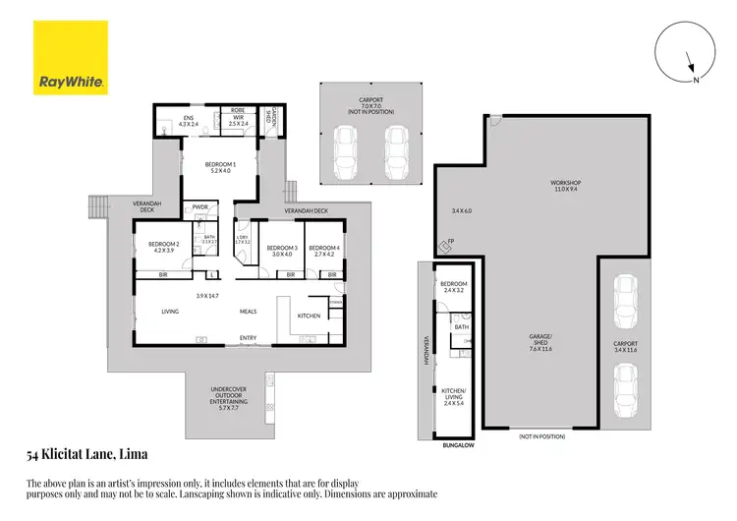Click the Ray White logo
pos(71,61)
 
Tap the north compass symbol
pos(680,56)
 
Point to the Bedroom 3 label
pos(282,250)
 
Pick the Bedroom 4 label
pos(324,250)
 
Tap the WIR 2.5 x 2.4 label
pos(238,122)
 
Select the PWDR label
pos(200,208)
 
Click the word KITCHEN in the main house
pos(309,316)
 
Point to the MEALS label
pos(249,312)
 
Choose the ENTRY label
pos(249,339)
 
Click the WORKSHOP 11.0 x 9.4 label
pos(565,186)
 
